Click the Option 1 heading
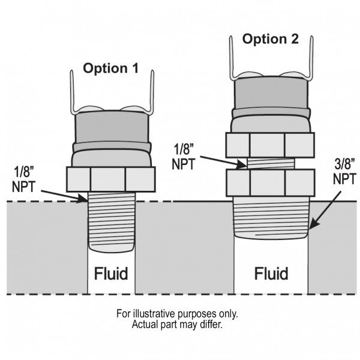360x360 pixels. click(111, 68)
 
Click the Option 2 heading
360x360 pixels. click(270, 40)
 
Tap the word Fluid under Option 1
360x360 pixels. click(111, 274)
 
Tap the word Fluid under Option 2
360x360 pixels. click(271, 274)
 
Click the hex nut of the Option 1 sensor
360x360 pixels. click(111, 178)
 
